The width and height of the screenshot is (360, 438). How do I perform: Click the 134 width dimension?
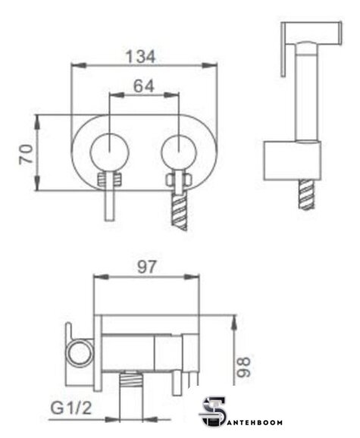coord(140,57)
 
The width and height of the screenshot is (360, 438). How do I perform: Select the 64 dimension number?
coord(144,86)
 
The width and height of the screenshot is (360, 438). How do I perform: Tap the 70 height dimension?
coord(26,154)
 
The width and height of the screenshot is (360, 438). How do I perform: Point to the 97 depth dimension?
coord(146,267)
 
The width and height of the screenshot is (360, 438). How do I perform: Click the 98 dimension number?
coord(244,367)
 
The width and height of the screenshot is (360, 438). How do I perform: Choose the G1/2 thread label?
coord(71,408)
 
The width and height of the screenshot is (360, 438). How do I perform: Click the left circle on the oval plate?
coord(109,152)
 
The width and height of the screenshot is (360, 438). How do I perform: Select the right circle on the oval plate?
coord(179,152)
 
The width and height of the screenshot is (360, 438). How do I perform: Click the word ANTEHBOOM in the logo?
coord(253,422)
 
